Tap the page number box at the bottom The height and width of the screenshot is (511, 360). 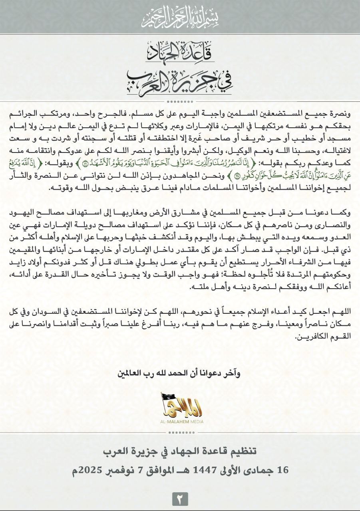coord(180,499)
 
